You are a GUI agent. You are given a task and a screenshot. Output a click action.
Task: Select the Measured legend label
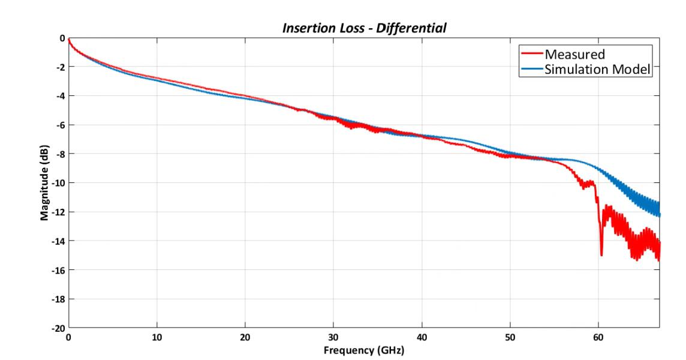coord(574,55)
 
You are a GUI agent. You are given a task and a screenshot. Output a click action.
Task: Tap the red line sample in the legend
coord(531,55)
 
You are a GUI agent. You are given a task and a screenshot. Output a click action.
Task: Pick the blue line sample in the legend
coord(531,69)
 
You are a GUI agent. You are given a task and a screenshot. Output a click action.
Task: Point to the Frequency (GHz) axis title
coord(363,350)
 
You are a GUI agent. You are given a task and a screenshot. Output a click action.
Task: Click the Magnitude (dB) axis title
coord(44,183)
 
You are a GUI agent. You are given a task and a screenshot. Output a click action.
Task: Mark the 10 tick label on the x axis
coord(157,338)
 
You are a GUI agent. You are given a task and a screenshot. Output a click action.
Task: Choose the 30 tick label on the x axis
coord(333,338)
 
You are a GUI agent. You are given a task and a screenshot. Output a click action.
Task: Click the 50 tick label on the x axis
coord(510,338)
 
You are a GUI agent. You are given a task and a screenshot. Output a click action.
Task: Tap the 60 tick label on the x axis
coord(598,338)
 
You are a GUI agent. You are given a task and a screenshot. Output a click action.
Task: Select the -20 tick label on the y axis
coord(58,328)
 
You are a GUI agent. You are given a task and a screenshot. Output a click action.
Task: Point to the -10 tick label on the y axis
coord(58,183)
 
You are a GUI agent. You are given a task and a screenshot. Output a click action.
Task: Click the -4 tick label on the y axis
coord(60,96)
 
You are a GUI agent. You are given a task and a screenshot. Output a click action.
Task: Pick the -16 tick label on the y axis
coord(58,270)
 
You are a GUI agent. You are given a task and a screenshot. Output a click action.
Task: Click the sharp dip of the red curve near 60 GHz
coord(601,254)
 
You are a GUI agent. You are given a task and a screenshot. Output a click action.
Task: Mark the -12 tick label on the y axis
coord(58,212)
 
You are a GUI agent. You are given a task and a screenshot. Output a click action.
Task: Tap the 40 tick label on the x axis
coord(422,338)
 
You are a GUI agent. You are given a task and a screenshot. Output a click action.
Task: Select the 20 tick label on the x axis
coord(245,338)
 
